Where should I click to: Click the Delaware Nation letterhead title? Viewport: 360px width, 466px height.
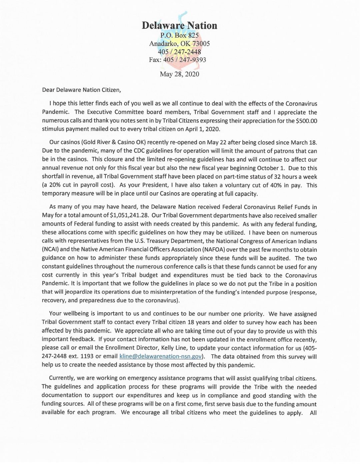[179, 26]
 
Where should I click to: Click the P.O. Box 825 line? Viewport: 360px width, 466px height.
[179, 35]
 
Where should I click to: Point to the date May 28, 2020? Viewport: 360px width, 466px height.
[179, 74]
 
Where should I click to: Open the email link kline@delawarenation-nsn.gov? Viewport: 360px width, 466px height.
[160, 357]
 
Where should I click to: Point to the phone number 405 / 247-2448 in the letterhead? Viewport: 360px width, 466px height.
[179, 52]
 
